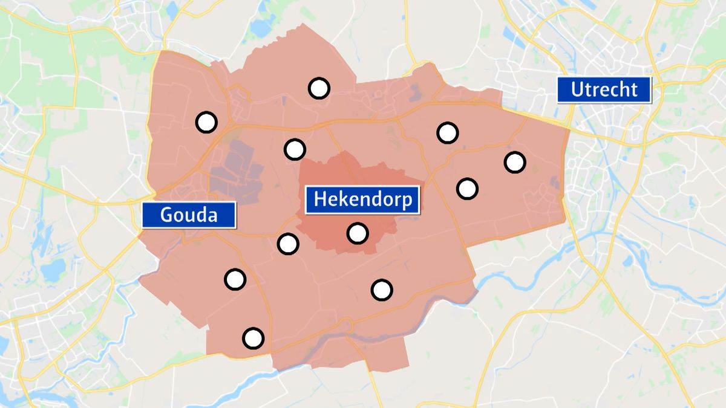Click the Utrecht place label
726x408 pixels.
point(604,90)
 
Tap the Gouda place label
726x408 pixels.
point(189,215)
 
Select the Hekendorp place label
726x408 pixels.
point(362,199)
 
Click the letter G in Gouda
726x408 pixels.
point(167,215)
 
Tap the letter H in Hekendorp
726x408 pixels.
point(320,199)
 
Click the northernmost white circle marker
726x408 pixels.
point(319,88)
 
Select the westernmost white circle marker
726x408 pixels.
point(206,122)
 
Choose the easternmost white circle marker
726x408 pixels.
point(515,162)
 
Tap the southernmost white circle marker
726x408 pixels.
point(253,338)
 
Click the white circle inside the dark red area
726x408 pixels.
point(358,233)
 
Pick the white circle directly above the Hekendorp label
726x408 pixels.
point(295,149)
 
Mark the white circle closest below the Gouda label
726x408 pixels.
point(235,279)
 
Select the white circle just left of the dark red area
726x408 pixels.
point(288,244)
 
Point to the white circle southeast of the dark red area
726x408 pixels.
point(382,290)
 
